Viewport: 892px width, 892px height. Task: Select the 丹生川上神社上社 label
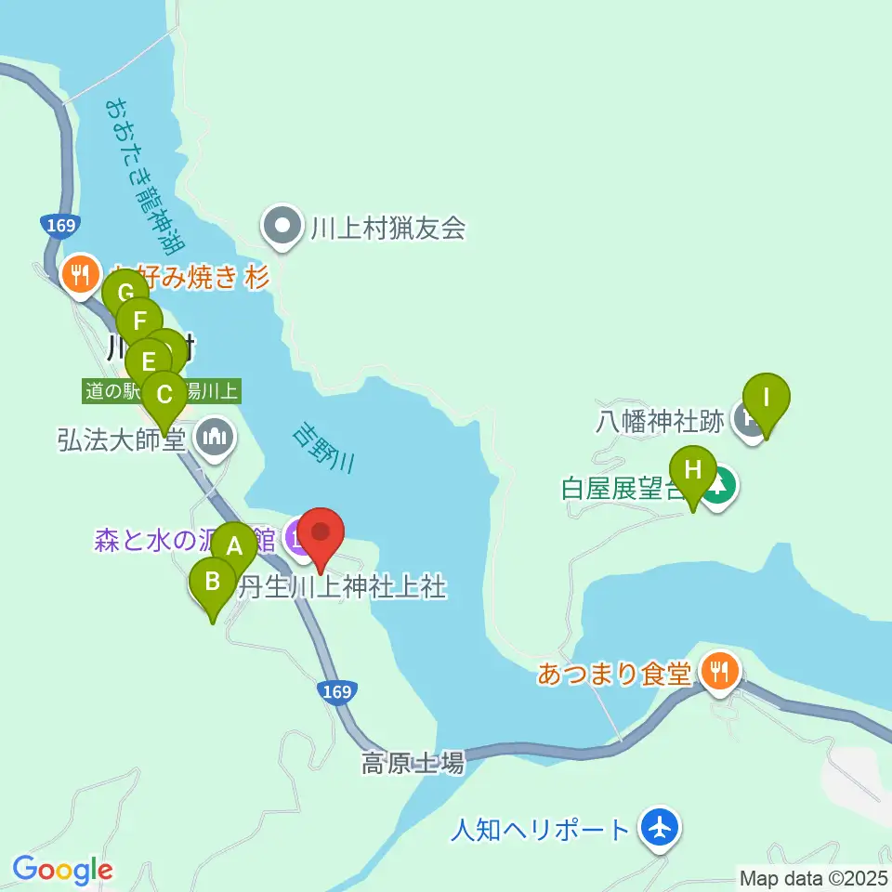(x=344, y=587)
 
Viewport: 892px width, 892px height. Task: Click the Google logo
(x=62, y=871)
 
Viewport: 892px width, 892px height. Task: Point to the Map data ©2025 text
(x=811, y=876)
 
